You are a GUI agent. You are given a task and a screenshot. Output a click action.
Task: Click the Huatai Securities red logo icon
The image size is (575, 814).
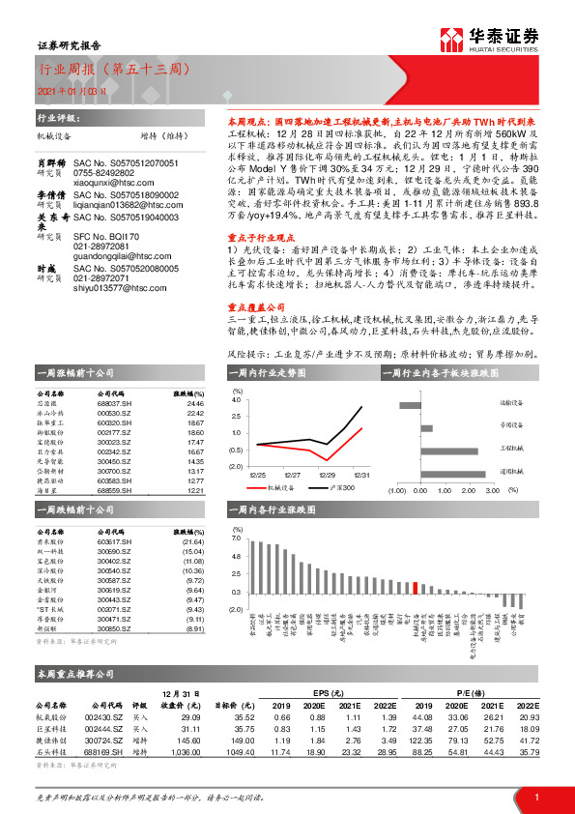pos(451,40)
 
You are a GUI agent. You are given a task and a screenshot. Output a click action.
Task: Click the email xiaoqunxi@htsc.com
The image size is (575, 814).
pos(106,155)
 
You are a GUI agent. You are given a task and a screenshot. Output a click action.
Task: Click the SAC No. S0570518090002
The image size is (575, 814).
pos(126,167)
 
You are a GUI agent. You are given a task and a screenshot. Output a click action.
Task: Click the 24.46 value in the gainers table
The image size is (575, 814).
pos(194,404)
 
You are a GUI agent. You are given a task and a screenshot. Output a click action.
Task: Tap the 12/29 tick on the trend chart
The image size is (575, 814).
pos(328,475)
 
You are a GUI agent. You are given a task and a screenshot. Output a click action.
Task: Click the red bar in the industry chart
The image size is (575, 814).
pos(415,586)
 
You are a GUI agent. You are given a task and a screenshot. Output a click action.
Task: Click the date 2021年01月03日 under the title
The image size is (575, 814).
pos(65,90)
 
